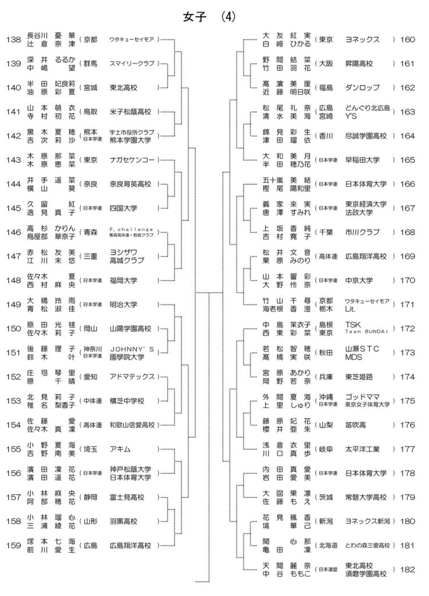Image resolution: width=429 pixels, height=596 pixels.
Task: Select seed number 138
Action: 13,40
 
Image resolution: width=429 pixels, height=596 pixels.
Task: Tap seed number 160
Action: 407,40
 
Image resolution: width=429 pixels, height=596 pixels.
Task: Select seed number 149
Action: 13,304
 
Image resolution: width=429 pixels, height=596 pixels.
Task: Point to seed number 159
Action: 13,545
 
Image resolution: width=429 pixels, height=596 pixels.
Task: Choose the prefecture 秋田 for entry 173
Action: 326,353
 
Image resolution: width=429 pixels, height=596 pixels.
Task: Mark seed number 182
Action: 407,569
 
